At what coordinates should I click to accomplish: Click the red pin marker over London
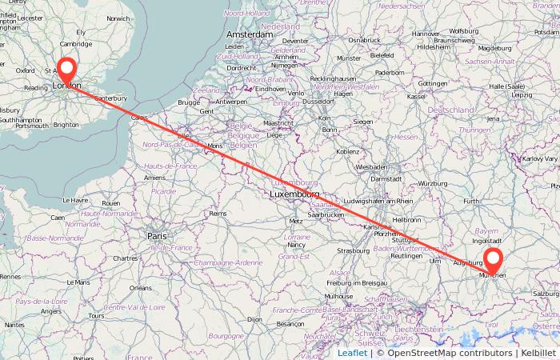pyautogui.click(x=66, y=70)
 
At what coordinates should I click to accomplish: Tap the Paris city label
pyautogui.click(x=157, y=236)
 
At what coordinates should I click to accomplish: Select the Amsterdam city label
pyautogui.click(x=250, y=35)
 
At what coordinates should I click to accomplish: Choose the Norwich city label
pyautogui.click(x=118, y=18)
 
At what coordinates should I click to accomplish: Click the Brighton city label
pyautogui.click(x=66, y=125)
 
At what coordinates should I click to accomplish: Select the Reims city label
pyautogui.click(x=218, y=214)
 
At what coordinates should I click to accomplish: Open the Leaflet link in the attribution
pyautogui.click(x=352, y=352)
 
